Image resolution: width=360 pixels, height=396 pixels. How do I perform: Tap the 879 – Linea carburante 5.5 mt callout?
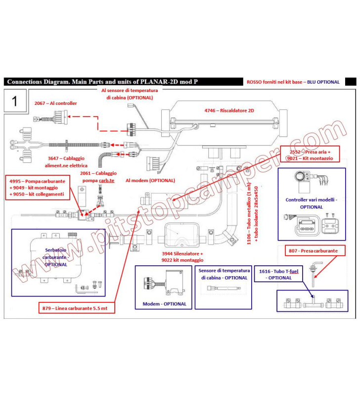76,309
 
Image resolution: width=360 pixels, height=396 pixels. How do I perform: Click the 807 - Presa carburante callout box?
314,251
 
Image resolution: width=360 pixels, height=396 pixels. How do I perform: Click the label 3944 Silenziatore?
182,256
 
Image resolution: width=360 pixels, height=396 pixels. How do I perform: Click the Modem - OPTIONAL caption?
165,304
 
